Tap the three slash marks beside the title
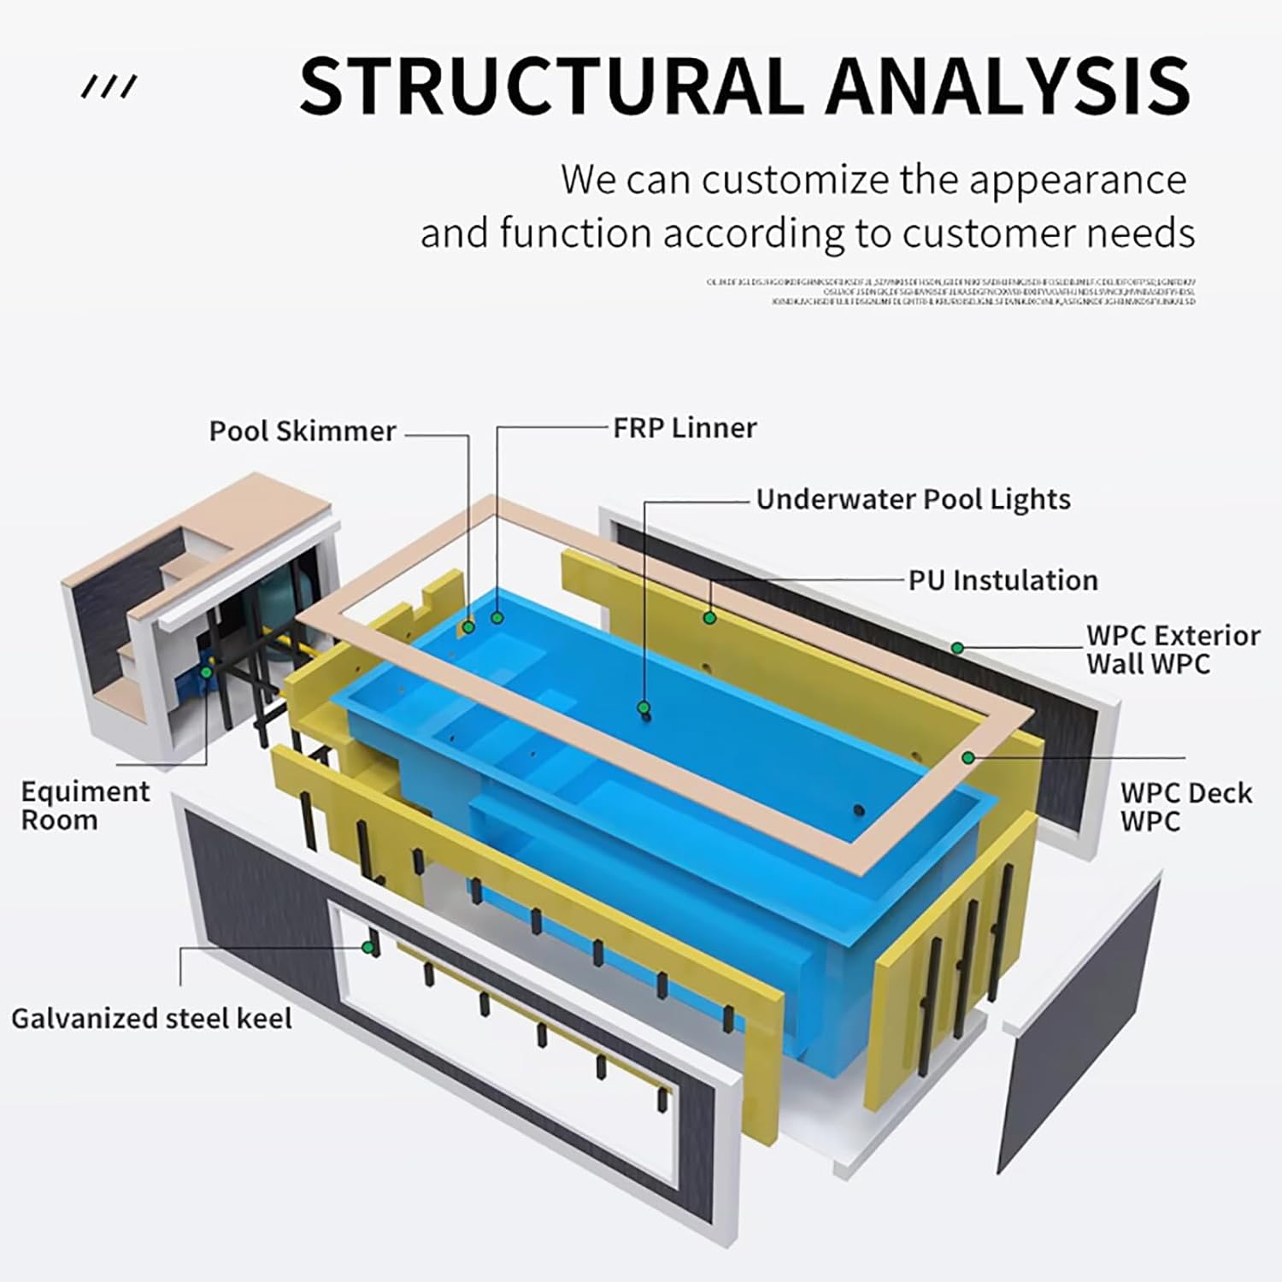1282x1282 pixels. tap(109, 86)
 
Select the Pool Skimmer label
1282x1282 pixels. tap(303, 431)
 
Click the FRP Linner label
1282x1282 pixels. tap(685, 427)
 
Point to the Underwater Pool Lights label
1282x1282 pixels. tap(913, 499)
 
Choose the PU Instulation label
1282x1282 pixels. tap(1003, 580)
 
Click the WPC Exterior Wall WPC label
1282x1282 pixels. tap(1172, 650)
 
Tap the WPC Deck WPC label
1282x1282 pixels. tap(1185, 807)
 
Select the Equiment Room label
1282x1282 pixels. tap(85, 806)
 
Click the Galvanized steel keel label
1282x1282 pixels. tap(151, 1019)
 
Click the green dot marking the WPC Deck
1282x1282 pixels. tap(968, 757)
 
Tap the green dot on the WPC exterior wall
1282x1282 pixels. tap(958, 649)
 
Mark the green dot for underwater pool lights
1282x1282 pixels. tap(644, 708)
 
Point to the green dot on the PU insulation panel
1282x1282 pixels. tap(709, 616)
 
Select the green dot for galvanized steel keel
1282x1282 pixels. tap(368, 947)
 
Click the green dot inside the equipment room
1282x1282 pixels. tap(206, 672)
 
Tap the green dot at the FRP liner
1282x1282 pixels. tap(497, 616)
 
